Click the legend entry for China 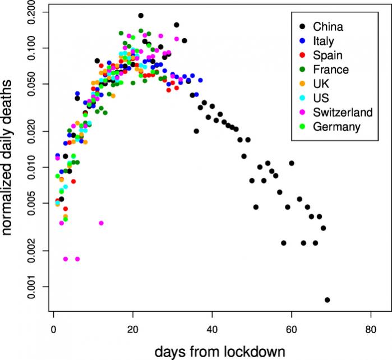(x=328, y=26)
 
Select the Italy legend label (x=324, y=41)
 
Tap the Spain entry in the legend (x=328, y=55)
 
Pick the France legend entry (x=331, y=70)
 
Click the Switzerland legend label (x=342, y=113)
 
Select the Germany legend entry (x=336, y=127)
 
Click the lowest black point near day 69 (x=327, y=300)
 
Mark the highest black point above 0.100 (x=141, y=16)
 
